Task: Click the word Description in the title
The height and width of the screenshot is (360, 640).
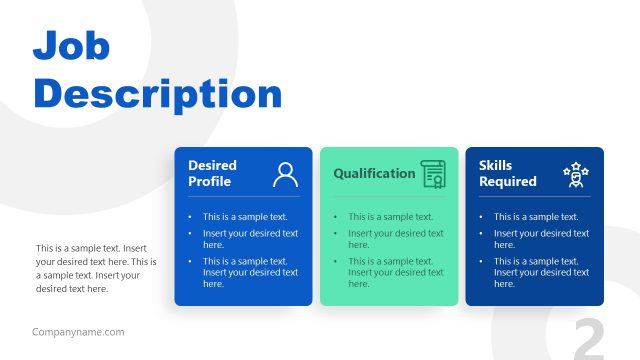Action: pyautogui.click(x=158, y=94)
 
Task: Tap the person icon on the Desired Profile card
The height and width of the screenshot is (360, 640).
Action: pyautogui.click(x=285, y=174)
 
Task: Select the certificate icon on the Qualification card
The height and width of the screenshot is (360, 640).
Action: pyautogui.click(x=433, y=174)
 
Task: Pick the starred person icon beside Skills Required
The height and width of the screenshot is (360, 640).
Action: pyautogui.click(x=576, y=174)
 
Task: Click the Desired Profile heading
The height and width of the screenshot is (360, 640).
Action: pyautogui.click(x=212, y=173)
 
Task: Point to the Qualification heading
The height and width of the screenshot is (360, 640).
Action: pyautogui.click(x=374, y=173)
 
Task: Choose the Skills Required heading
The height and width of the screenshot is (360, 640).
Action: pyautogui.click(x=507, y=173)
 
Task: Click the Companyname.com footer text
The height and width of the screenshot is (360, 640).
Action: pyautogui.click(x=78, y=332)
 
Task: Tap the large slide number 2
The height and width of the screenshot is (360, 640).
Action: pyautogui.click(x=589, y=339)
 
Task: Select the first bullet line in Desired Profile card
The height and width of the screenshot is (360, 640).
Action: pyautogui.click(x=244, y=216)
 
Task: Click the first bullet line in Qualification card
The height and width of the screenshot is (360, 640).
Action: pyautogui.click(x=390, y=216)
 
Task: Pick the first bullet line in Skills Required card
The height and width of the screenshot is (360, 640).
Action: pyautogui.click(x=535, y=216)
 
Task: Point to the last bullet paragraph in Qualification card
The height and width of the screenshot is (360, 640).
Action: pyautogui.click(x=395, y=272)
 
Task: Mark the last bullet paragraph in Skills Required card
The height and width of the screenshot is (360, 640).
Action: pyautogui.click(x=540, y=272)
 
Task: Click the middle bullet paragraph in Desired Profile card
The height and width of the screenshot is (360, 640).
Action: pyautogui.click(x=250, y=239)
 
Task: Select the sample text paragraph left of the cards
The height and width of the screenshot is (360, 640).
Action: pyautogui.click(x=91, y=268)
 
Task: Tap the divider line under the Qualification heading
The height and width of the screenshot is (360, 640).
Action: pyautogui.click(x=389, y=197)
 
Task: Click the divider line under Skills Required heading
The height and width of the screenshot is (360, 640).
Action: pyautogui.click(x=534, y=197)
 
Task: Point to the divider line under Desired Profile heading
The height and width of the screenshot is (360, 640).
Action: pyautogui.click(x=243, y=197)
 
